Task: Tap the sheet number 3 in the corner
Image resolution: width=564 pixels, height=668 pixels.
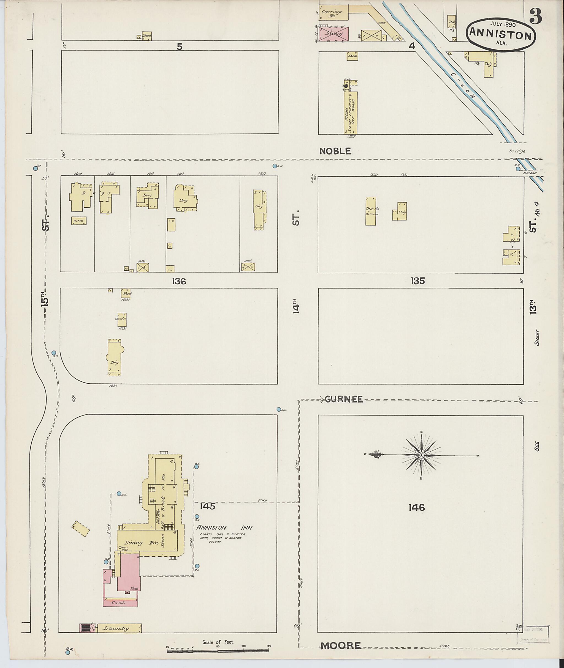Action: (536, 17)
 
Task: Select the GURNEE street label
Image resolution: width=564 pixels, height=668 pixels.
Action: (344, 399)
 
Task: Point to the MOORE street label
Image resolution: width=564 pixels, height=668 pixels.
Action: (341, 646)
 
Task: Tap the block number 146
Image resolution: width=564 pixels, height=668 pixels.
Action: (417, 507)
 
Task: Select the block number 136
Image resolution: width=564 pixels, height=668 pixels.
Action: (179, 281)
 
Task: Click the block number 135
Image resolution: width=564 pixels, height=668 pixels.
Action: (418, 281)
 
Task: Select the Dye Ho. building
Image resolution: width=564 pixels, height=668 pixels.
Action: (371, 211)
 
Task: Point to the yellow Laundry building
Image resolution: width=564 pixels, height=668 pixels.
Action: (119, 628)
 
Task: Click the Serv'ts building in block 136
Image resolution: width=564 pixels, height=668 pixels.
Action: (121, 319)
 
